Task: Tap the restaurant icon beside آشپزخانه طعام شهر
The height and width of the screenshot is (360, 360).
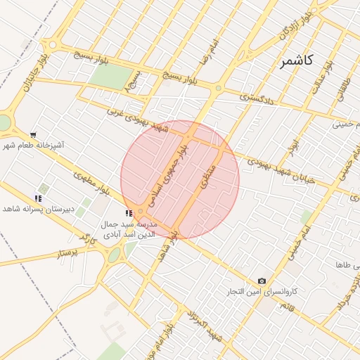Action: click(33, 134)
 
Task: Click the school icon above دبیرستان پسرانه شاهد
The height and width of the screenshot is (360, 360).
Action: click(37, 198)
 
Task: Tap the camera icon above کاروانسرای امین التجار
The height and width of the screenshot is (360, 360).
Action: click(262, 281)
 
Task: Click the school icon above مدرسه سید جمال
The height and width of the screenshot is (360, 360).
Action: click(128, 213)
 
